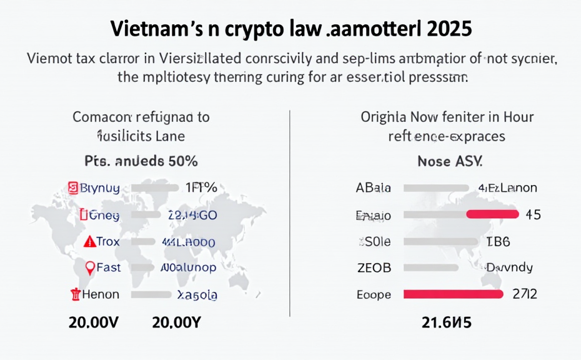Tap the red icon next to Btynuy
click(x=72, y=187)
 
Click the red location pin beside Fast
click(x=89, y=268)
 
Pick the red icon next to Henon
click(x=76, y=294)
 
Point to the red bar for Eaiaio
click(x=492, y=214)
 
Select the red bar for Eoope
click(x=453, y=294)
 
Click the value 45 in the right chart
click(x=533, y=214)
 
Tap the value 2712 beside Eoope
click(x=525, y=294)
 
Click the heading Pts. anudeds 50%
click(x=141, y=161)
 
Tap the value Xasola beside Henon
click(x=197, y=295)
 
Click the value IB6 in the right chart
click(x=498, y=241)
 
